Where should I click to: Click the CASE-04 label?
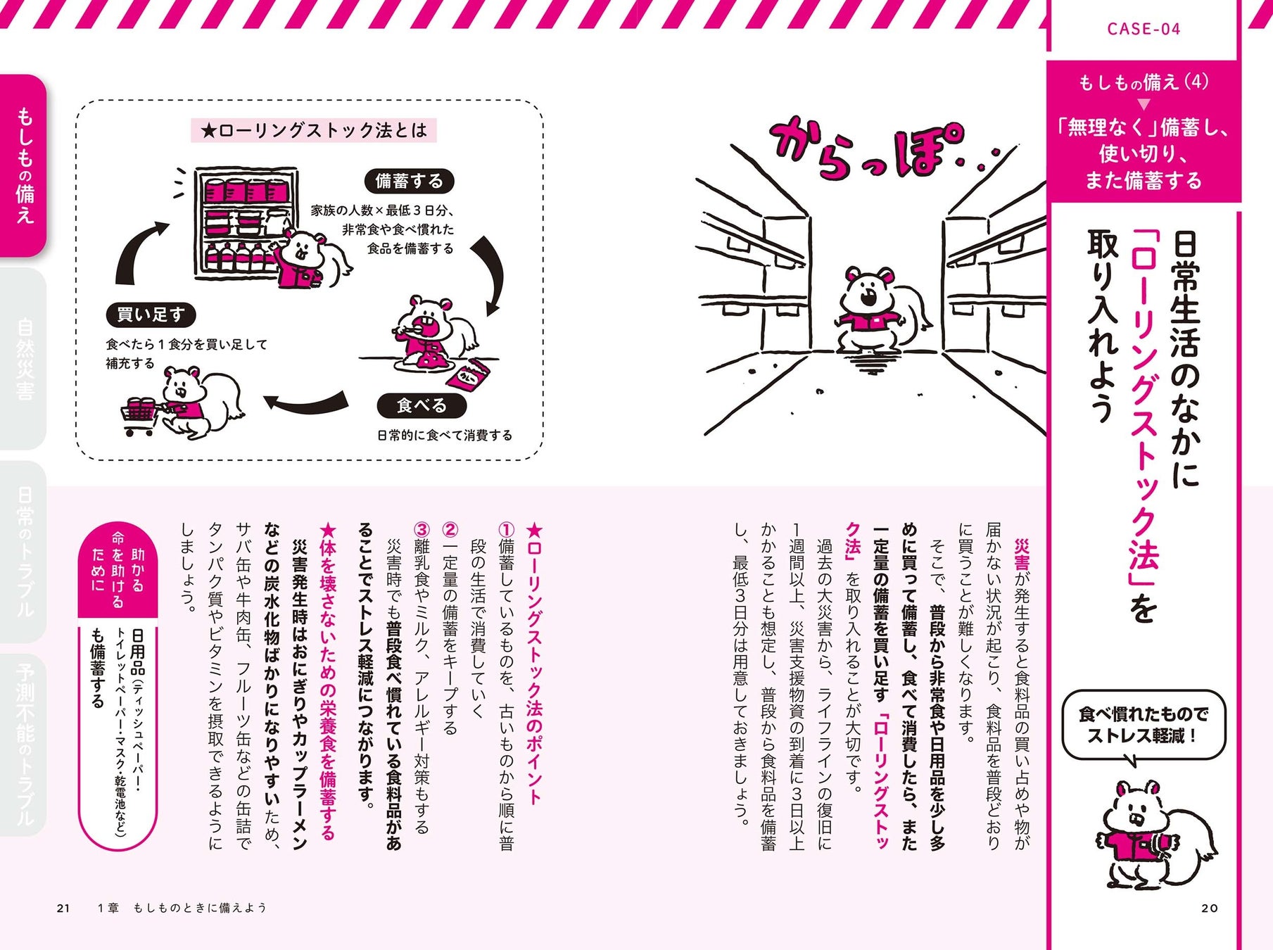coord(1144,29)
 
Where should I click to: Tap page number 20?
coord(1210,908)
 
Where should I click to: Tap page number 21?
coord(63,908)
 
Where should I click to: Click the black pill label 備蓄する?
coord(409,181)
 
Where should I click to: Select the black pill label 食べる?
coord(422,405)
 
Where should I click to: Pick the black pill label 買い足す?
coord(151,314)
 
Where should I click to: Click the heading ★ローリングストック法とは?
coord(314,130)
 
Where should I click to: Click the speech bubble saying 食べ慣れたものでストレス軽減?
coord(1143,726)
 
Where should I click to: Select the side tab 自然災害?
coord(24,359)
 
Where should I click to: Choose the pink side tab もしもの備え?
coord(24,165)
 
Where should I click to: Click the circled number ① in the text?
coord(506,530)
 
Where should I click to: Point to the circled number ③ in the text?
coord(422,530)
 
